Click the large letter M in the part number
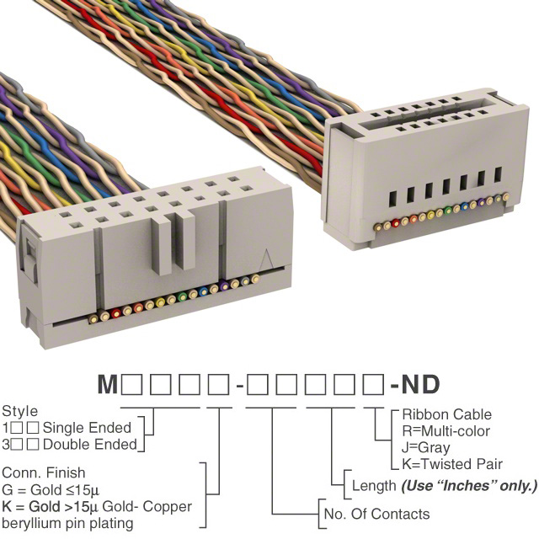tap(108, 384)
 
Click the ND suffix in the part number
tap(421, 384)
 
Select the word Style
tap(20, 412)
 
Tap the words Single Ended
tap(87, 428)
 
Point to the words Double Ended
tap(90, 445)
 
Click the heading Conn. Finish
tap(44, 472)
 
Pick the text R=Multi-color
tap(446, 431)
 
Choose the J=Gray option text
tap(426, 448)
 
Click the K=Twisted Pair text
tap(452, 464)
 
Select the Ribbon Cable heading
tap(447, 414)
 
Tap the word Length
tap(374, 486)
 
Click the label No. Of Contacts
tap(376, 515)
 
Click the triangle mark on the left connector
tap(266, 259)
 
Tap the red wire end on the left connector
tap(116, 313)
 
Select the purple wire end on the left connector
tap(224, 286)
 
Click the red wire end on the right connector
tap(396, 223)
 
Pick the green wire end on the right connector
tap(448, 211)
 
